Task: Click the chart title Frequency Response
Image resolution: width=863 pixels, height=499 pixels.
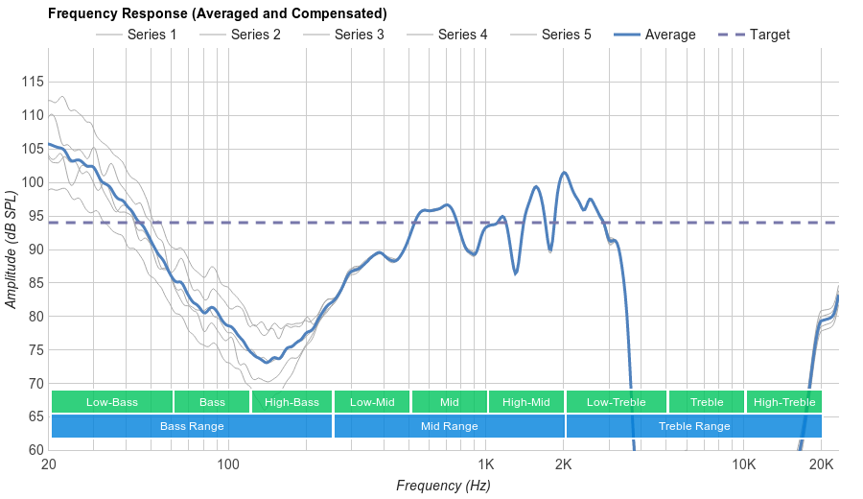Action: (218, 13)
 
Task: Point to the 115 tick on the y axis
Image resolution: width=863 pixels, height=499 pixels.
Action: (33, 83)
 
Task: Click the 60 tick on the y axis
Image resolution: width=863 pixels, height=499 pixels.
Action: (33, 450)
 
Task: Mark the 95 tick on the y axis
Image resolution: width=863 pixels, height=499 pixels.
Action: (33, 216)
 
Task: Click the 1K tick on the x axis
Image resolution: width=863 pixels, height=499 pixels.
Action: (484, 464)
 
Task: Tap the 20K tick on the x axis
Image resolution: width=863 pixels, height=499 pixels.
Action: (822, 464)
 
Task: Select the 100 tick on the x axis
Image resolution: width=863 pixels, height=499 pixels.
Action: (228, 464)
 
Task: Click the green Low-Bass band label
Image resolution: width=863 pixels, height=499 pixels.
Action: (112, 402)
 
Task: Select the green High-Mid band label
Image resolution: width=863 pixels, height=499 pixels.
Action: (526, 402)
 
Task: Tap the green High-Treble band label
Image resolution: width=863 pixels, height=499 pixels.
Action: (784, 402)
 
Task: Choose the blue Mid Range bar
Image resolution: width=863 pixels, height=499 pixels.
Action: (449, 426)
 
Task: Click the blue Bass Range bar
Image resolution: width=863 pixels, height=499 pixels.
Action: (192, 426)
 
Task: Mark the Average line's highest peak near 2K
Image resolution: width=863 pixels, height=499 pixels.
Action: (564, 173)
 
